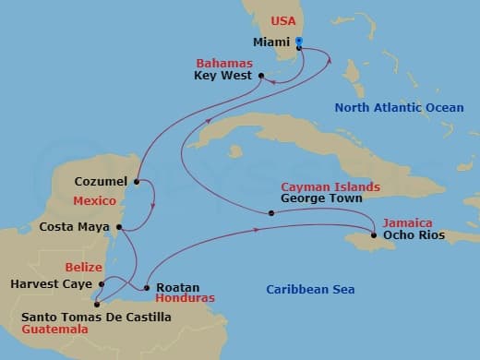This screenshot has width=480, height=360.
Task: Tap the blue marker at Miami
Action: (299, 42)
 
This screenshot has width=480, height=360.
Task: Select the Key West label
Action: (224, 77)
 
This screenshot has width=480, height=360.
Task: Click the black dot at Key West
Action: (260, 76)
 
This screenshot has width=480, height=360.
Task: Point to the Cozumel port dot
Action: (137, 182)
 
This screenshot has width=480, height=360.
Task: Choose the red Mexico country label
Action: (96, 199)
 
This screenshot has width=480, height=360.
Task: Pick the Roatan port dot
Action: (147, 286)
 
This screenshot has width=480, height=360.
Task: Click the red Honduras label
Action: (186, 299)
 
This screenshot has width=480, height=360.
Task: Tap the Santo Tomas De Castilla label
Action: (96, 317)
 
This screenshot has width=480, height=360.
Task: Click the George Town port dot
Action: (270, 213)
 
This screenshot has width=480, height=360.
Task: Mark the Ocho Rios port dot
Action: (373, 235)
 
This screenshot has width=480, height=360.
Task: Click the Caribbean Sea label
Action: (310, 290)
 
